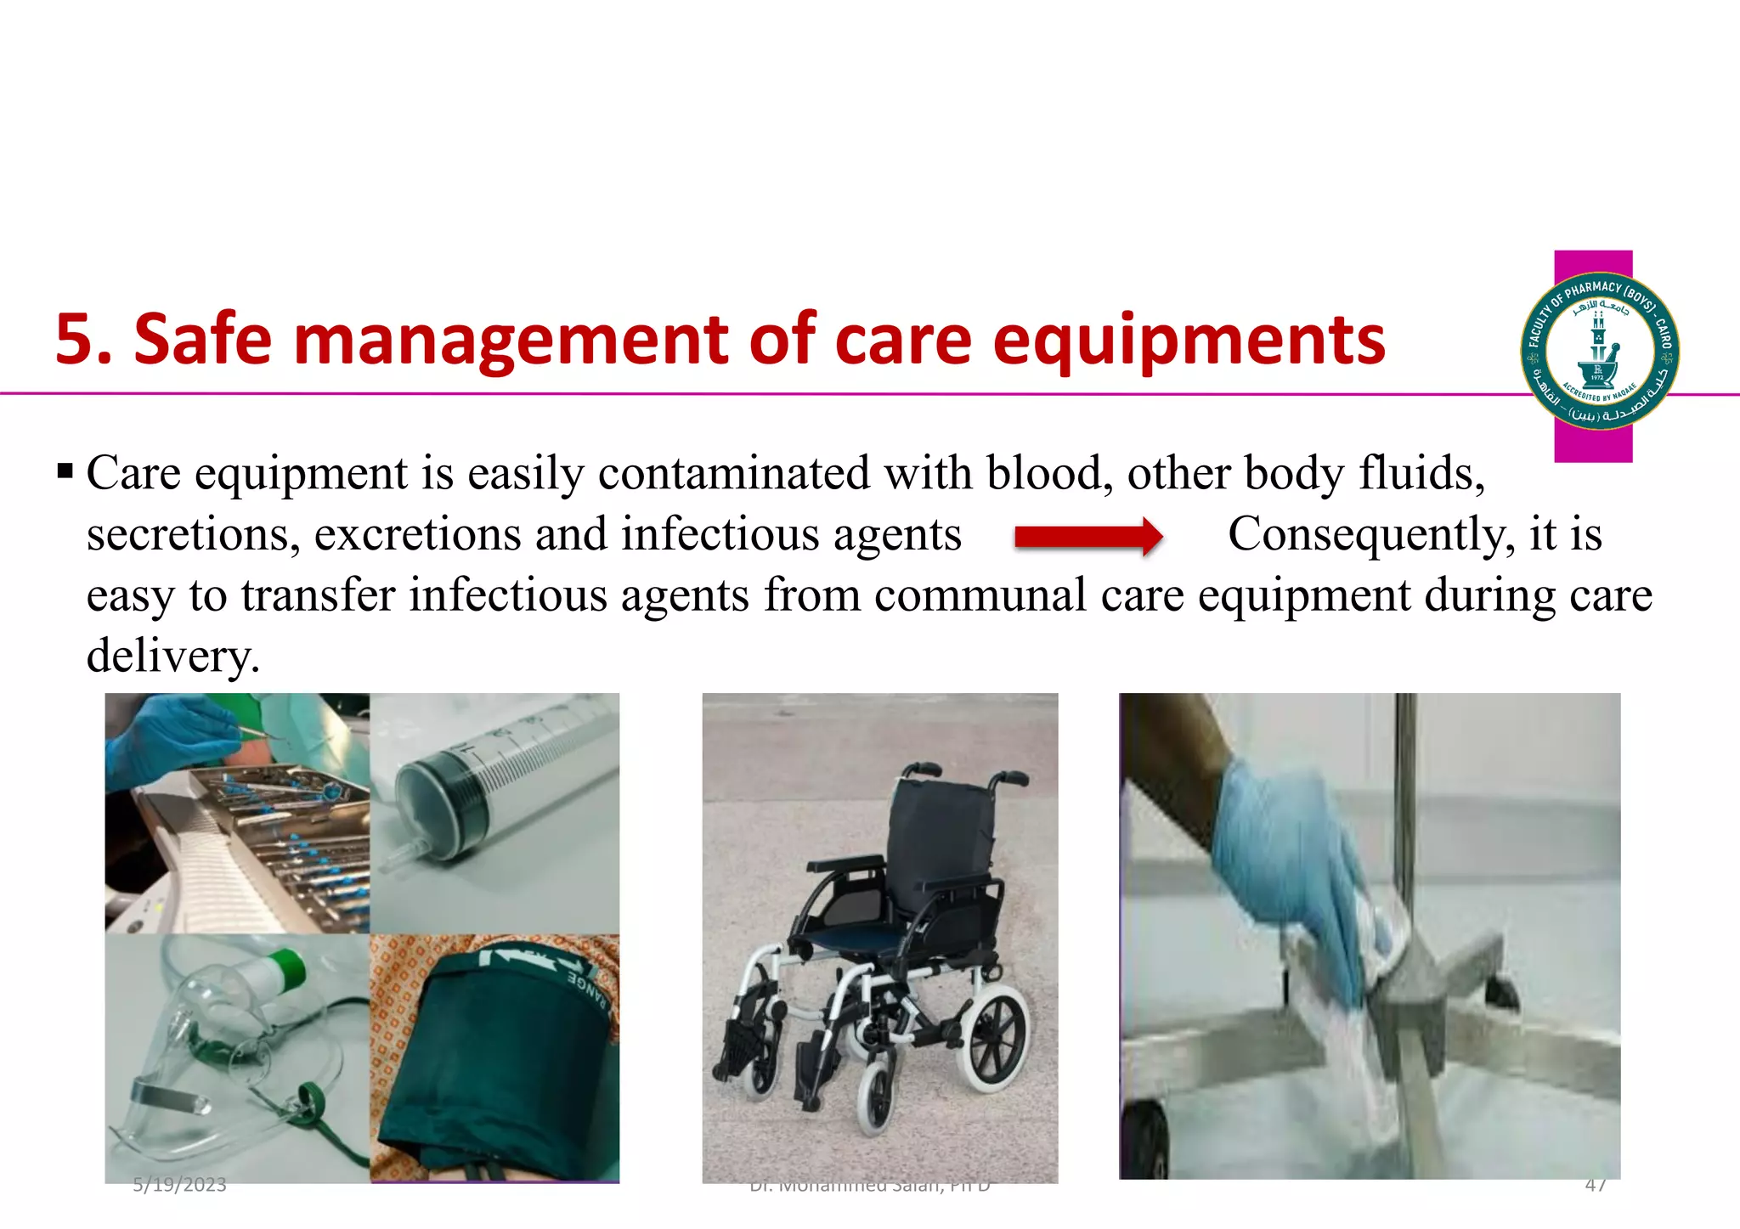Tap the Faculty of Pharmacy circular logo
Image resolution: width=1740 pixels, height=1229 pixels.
click(x=1599, y=351)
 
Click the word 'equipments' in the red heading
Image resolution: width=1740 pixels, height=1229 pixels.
click(x=1189, y=341)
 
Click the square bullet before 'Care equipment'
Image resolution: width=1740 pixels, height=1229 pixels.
click(x=65, y=471)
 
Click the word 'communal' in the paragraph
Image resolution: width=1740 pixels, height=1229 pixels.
click(x=980, y=595)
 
